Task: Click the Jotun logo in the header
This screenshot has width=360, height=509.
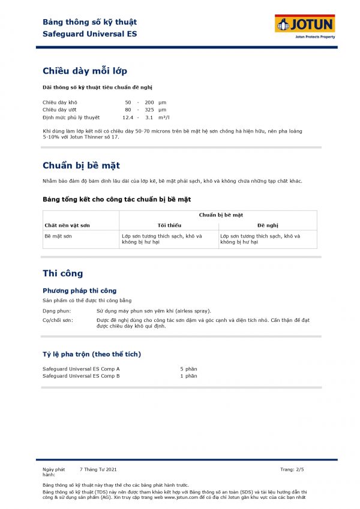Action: [x=305, y=25]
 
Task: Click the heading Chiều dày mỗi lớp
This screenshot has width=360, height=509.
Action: [x=85, y=71]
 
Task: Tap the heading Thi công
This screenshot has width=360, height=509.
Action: [x=62, y=273]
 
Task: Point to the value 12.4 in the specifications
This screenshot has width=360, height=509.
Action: [x=127, y=118]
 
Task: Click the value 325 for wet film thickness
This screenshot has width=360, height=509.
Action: [x=149, y=110]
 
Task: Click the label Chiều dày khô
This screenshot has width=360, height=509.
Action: [x=59, y=103]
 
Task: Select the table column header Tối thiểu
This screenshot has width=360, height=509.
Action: [x=169, y=225]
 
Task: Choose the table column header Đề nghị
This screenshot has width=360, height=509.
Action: [x=268, y=225]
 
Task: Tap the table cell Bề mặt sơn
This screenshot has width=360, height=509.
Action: [x=58, y=236]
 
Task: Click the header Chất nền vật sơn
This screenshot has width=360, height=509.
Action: [x=66, y=225]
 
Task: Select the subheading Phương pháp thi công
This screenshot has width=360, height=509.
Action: [x=79, y=290]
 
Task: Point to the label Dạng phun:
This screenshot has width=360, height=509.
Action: [x=56, y=311]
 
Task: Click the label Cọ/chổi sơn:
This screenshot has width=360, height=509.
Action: [x=58, y=321]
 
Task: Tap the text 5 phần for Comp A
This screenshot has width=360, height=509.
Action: [x=188, y=369]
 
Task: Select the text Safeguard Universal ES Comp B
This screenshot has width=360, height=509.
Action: [x=81, y=376]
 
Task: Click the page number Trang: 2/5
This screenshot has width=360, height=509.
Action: [x=296, y=469]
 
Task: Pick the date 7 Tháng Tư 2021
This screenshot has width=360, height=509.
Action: [x=98, y=469]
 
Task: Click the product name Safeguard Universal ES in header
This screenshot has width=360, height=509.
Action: [x=90, y=34]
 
